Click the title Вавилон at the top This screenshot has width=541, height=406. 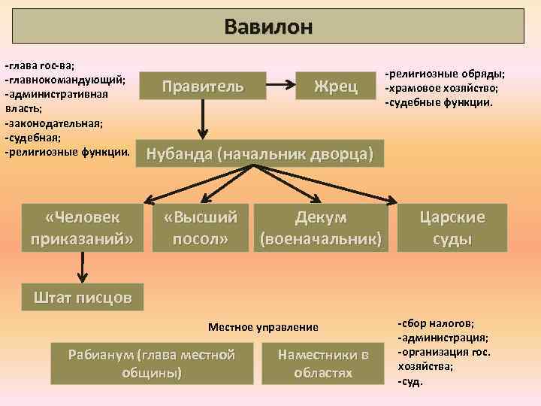point(267,26)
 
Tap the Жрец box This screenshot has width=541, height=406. point(335,86)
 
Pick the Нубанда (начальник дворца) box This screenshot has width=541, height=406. point(259,154)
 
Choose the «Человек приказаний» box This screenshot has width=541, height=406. point(82,228)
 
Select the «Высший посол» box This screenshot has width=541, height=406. point(201,228)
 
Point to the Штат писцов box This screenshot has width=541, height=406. point(82,298)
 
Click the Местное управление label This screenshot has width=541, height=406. point(263,327)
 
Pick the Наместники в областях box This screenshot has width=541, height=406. point(323,363)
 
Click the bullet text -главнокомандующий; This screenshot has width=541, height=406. point(65,80)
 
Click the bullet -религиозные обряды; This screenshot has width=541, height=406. point(444,74)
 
